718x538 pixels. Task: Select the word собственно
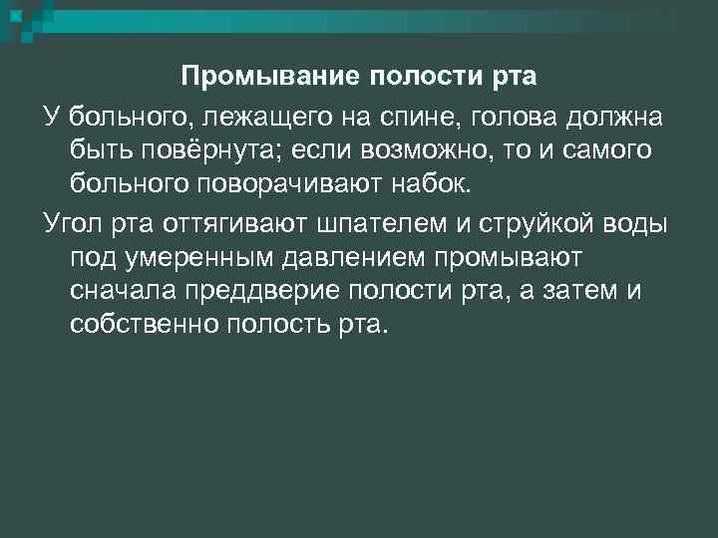[x=145, y=326]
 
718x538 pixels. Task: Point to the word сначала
[x=122, y=290]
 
